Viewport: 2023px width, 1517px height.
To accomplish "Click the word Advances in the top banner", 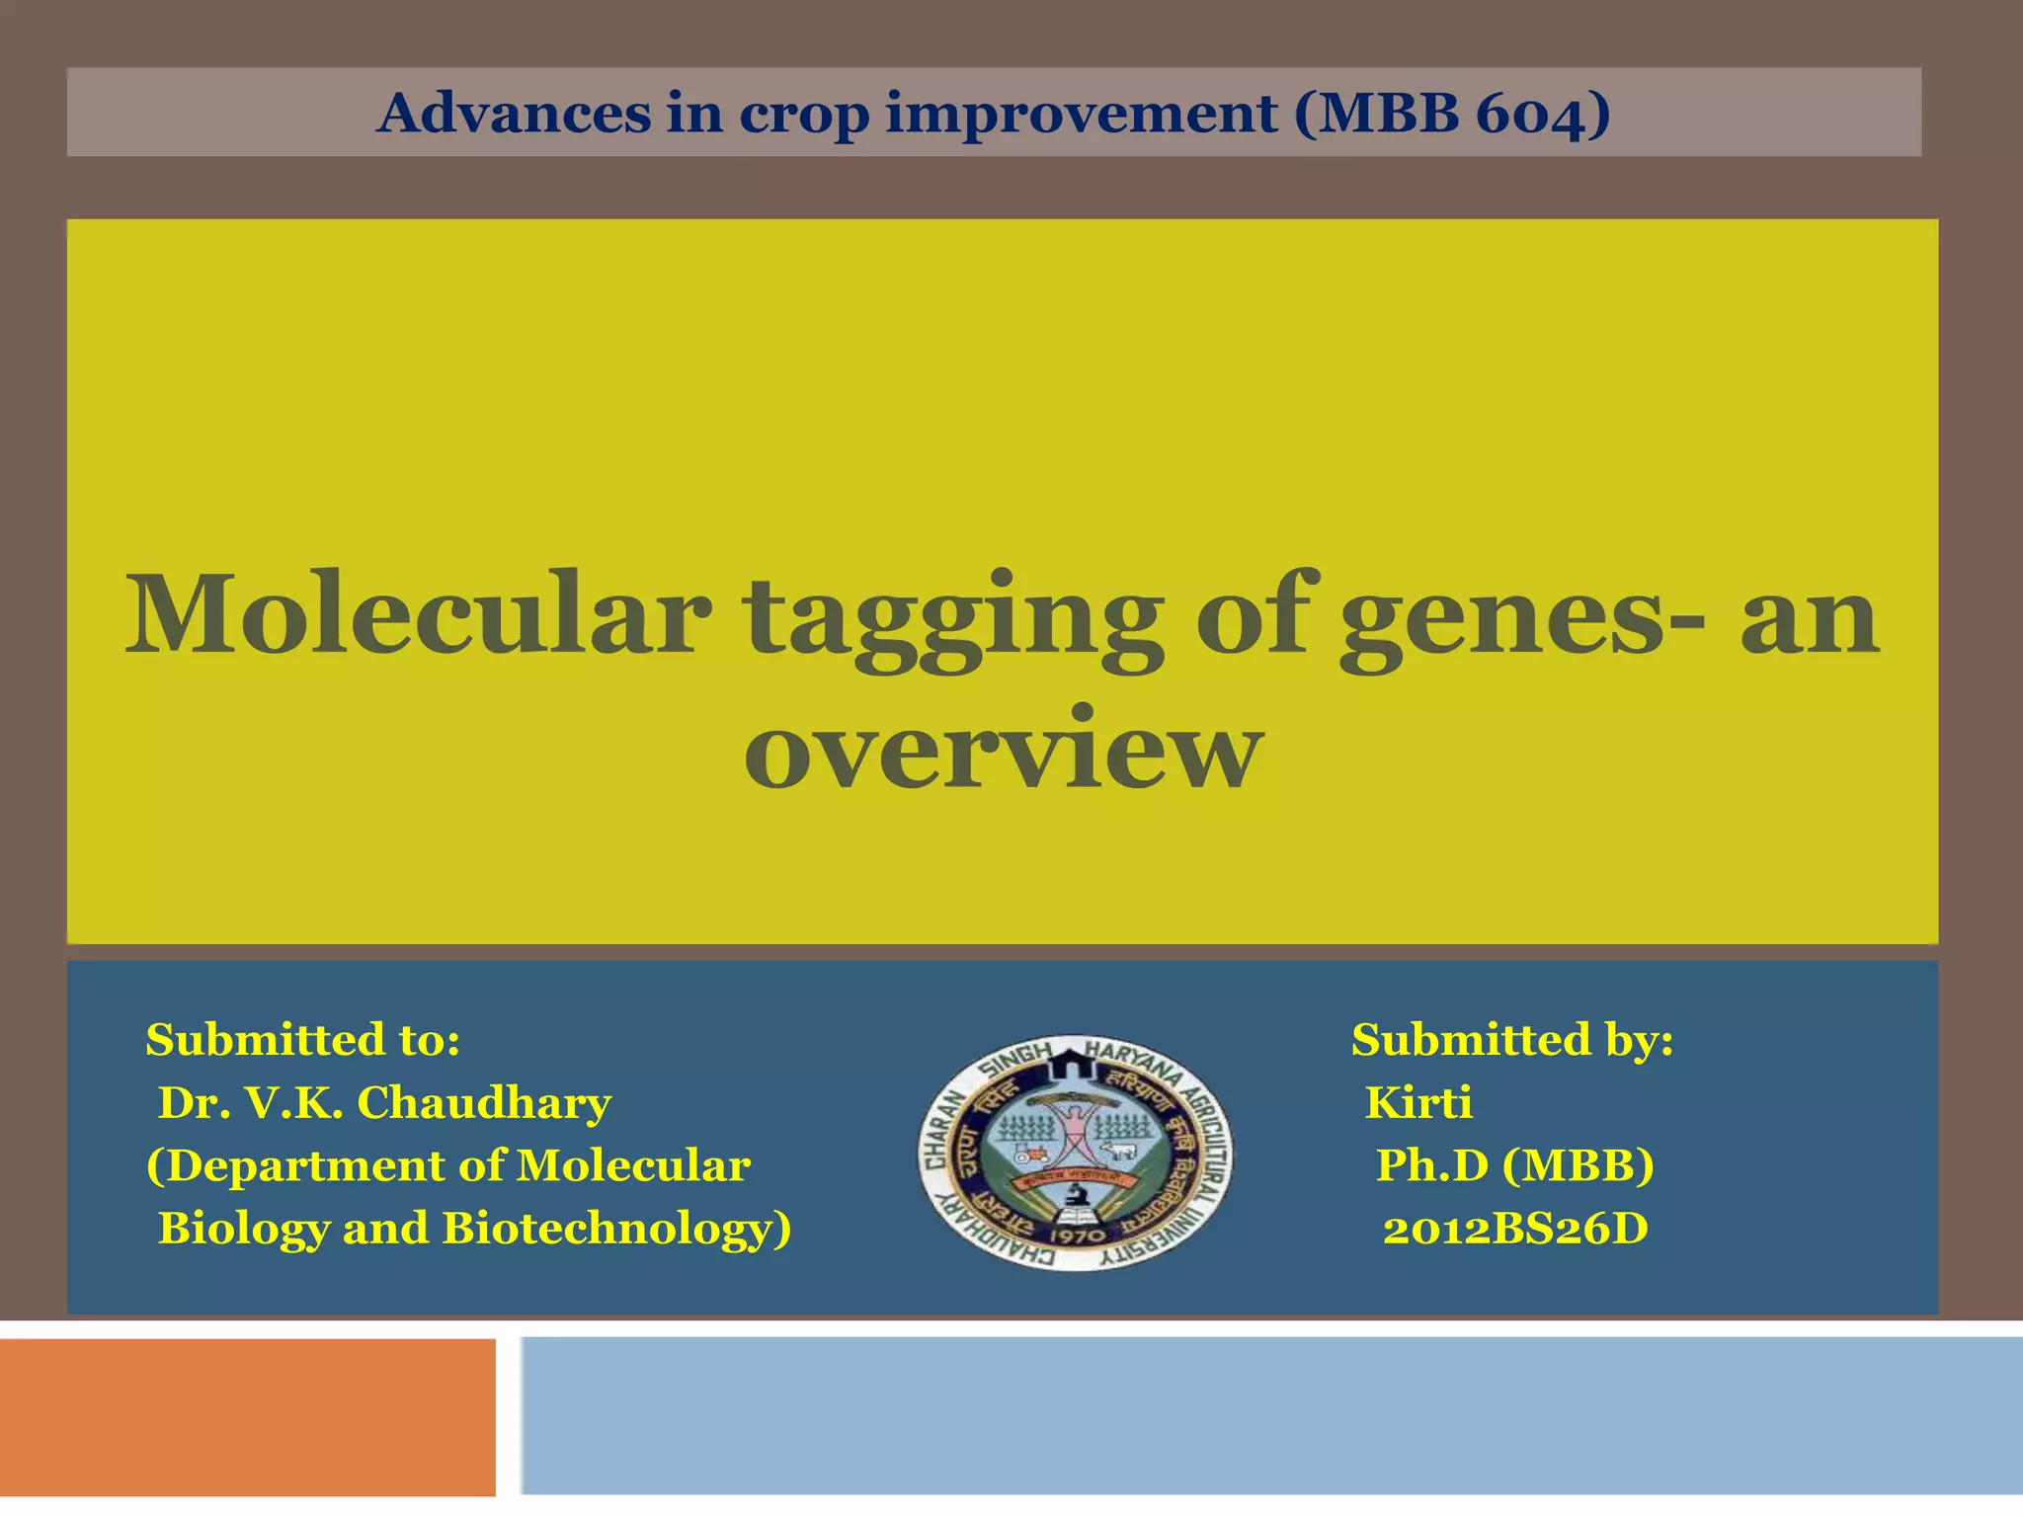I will (514, 113).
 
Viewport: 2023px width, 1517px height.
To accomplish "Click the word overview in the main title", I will (1004, 751).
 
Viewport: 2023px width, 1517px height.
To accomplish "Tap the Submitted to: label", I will (302, 1040).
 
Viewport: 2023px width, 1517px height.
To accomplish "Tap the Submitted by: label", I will (1512, 1040).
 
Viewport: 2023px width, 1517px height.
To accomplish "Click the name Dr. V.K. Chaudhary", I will (384, 1103).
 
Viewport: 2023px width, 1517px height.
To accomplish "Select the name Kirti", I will (1417, 1103).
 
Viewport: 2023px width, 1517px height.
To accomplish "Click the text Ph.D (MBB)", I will (1514, 1165).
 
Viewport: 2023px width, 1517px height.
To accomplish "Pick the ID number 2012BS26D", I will (1514, 1230).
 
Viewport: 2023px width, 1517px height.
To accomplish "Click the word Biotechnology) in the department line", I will (617, 1230).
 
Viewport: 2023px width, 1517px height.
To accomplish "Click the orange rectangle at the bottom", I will (247, 1417).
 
